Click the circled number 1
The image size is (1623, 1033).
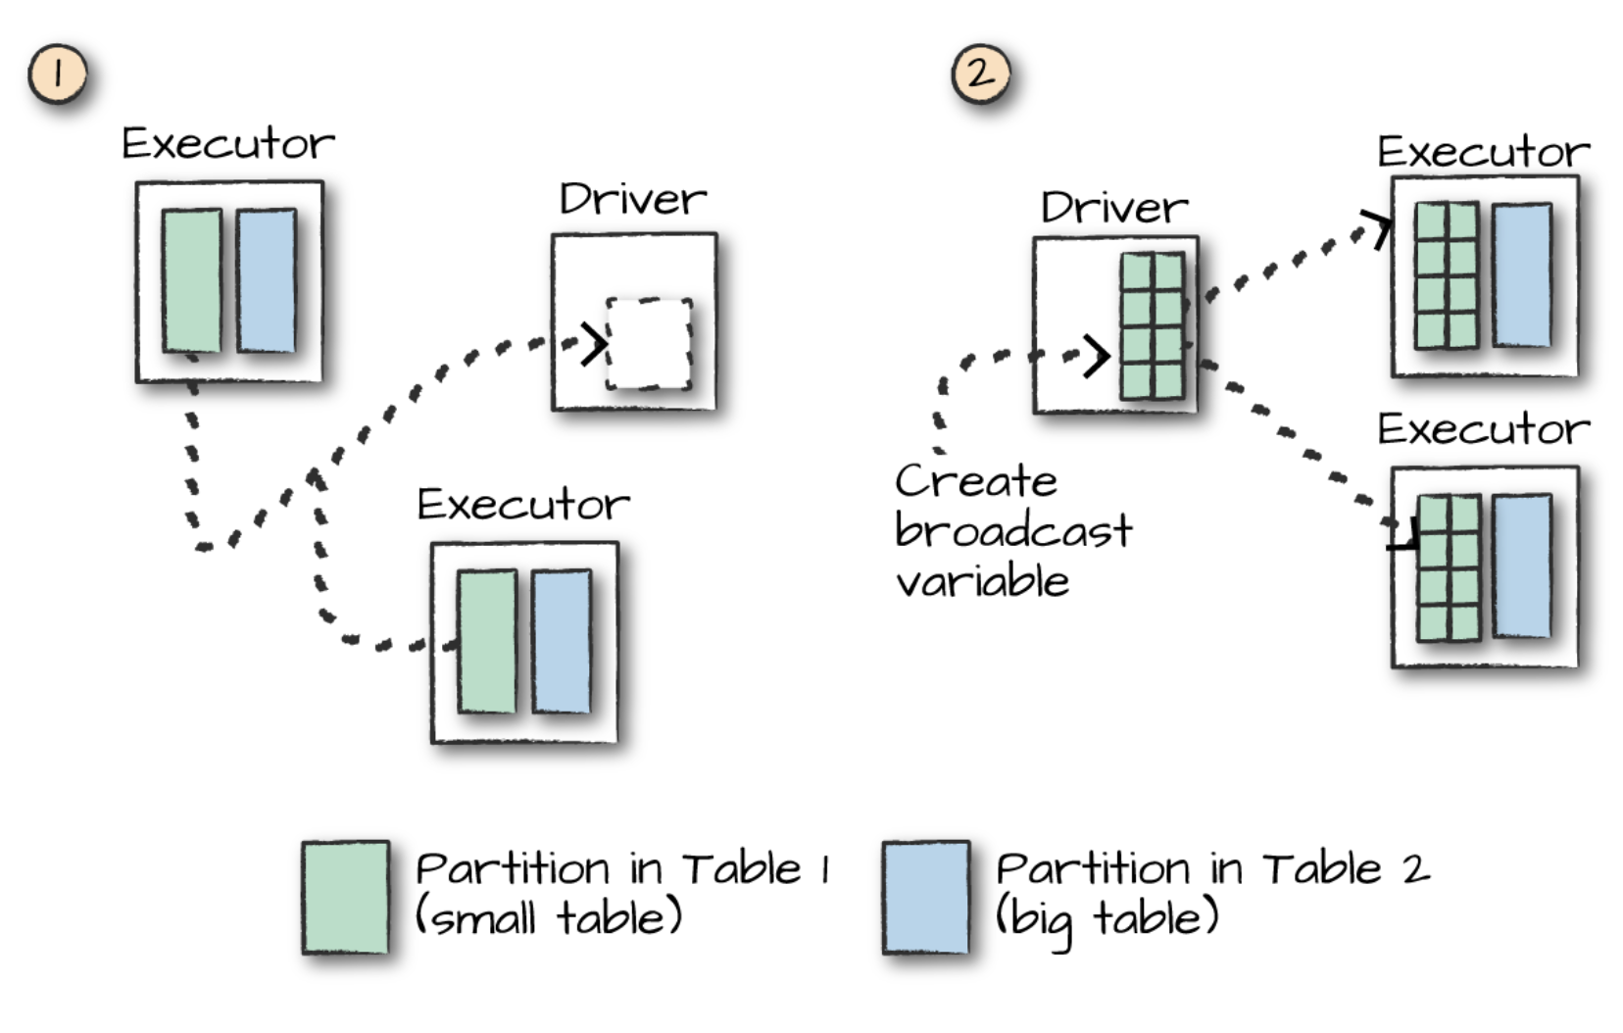click(x=57, y=74)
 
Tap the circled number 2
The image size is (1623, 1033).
click(x=980, y=74)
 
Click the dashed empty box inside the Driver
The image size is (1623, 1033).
click(x=649, y=344)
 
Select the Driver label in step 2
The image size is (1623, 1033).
click(x=1114, y=208)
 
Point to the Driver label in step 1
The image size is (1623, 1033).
click(x=632, y=200)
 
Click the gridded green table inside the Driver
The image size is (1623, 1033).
click(x=1153, y=326)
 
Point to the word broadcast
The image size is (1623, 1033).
click(x=1013, y=531)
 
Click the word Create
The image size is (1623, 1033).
click(x=976, y=481)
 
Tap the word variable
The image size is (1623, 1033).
click(x=982, y=582)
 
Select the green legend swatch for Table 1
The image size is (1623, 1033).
click(x=345, y=897)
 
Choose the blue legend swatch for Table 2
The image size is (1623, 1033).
click(x=926, y=897)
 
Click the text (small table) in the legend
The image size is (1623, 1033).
click(x=549, y=918)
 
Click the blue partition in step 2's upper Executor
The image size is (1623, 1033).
click(x=1522, y=275)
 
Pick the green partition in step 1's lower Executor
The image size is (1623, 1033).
click(x=487, y=642)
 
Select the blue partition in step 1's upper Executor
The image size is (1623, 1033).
click(x=267, y=280)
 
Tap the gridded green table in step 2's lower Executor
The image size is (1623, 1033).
click(x=1449, y=568)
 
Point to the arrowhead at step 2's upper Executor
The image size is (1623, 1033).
click(x=1380, y=229)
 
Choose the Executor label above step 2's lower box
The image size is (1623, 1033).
click(x=1483, y=429)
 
